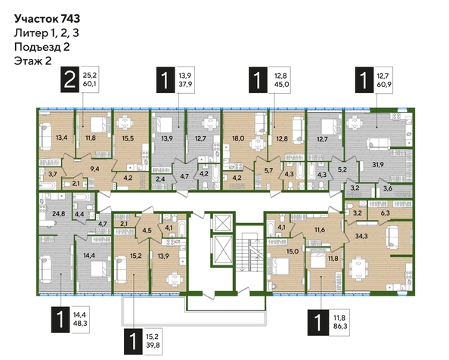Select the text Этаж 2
coord(33,61)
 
